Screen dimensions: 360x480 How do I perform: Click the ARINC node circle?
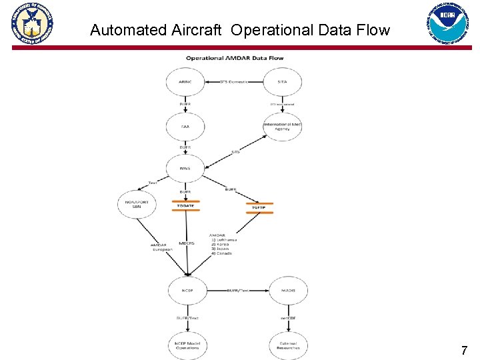185,82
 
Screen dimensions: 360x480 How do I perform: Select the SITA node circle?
282,82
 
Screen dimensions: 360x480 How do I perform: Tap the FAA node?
185,125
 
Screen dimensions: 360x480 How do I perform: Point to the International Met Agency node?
282,125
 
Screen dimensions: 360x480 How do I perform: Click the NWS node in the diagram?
185,168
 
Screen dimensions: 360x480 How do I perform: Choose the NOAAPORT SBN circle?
137,203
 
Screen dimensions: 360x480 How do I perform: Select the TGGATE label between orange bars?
185,206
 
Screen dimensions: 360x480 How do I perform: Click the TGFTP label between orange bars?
259,208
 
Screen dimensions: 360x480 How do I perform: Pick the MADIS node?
288,290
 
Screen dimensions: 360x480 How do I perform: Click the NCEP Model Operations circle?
187,345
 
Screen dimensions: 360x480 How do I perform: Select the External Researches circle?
288,345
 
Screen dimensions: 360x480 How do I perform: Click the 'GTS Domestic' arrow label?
233,81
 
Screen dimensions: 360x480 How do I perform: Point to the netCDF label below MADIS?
287,318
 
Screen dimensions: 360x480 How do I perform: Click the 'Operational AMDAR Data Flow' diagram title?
234,58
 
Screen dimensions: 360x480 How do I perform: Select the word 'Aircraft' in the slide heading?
198,30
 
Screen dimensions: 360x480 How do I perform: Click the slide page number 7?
464,350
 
